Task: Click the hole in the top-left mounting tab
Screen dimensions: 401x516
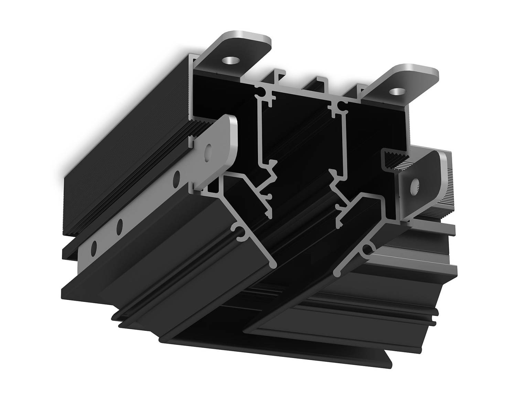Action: click(x=230, y=61)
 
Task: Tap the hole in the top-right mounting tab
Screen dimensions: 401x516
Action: click(x=398, y=91)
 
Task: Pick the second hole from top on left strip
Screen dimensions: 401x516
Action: click(x=177, y=177)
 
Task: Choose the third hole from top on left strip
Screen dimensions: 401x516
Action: click(x=120, y=225)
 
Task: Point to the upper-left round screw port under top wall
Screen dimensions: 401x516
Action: click(x=262, y=91)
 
